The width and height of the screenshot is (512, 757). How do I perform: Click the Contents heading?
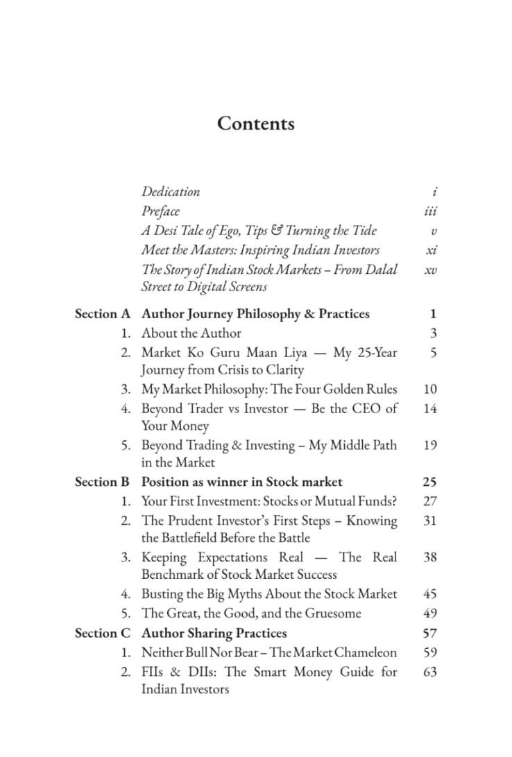coord(255,123)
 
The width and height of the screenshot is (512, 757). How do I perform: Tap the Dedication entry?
coord(171,191)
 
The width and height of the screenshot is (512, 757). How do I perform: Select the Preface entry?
coord(160,211)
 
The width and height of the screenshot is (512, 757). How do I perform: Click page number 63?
coord(429,672)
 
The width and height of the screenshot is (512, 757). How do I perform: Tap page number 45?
coord(429,594)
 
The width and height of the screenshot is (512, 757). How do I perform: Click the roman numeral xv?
coord(431,269)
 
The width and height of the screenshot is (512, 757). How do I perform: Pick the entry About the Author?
coord(191,333)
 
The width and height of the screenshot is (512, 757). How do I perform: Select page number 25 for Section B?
coord(429,482)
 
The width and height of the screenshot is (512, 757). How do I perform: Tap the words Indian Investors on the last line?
coord(185,689)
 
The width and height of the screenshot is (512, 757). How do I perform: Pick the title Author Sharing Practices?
coord(214,633)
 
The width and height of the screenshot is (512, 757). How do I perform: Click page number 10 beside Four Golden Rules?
coord(429,389)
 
